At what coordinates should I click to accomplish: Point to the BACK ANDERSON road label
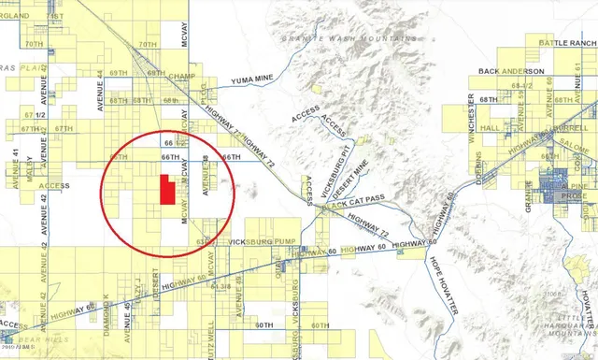[x=510, y=71]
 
